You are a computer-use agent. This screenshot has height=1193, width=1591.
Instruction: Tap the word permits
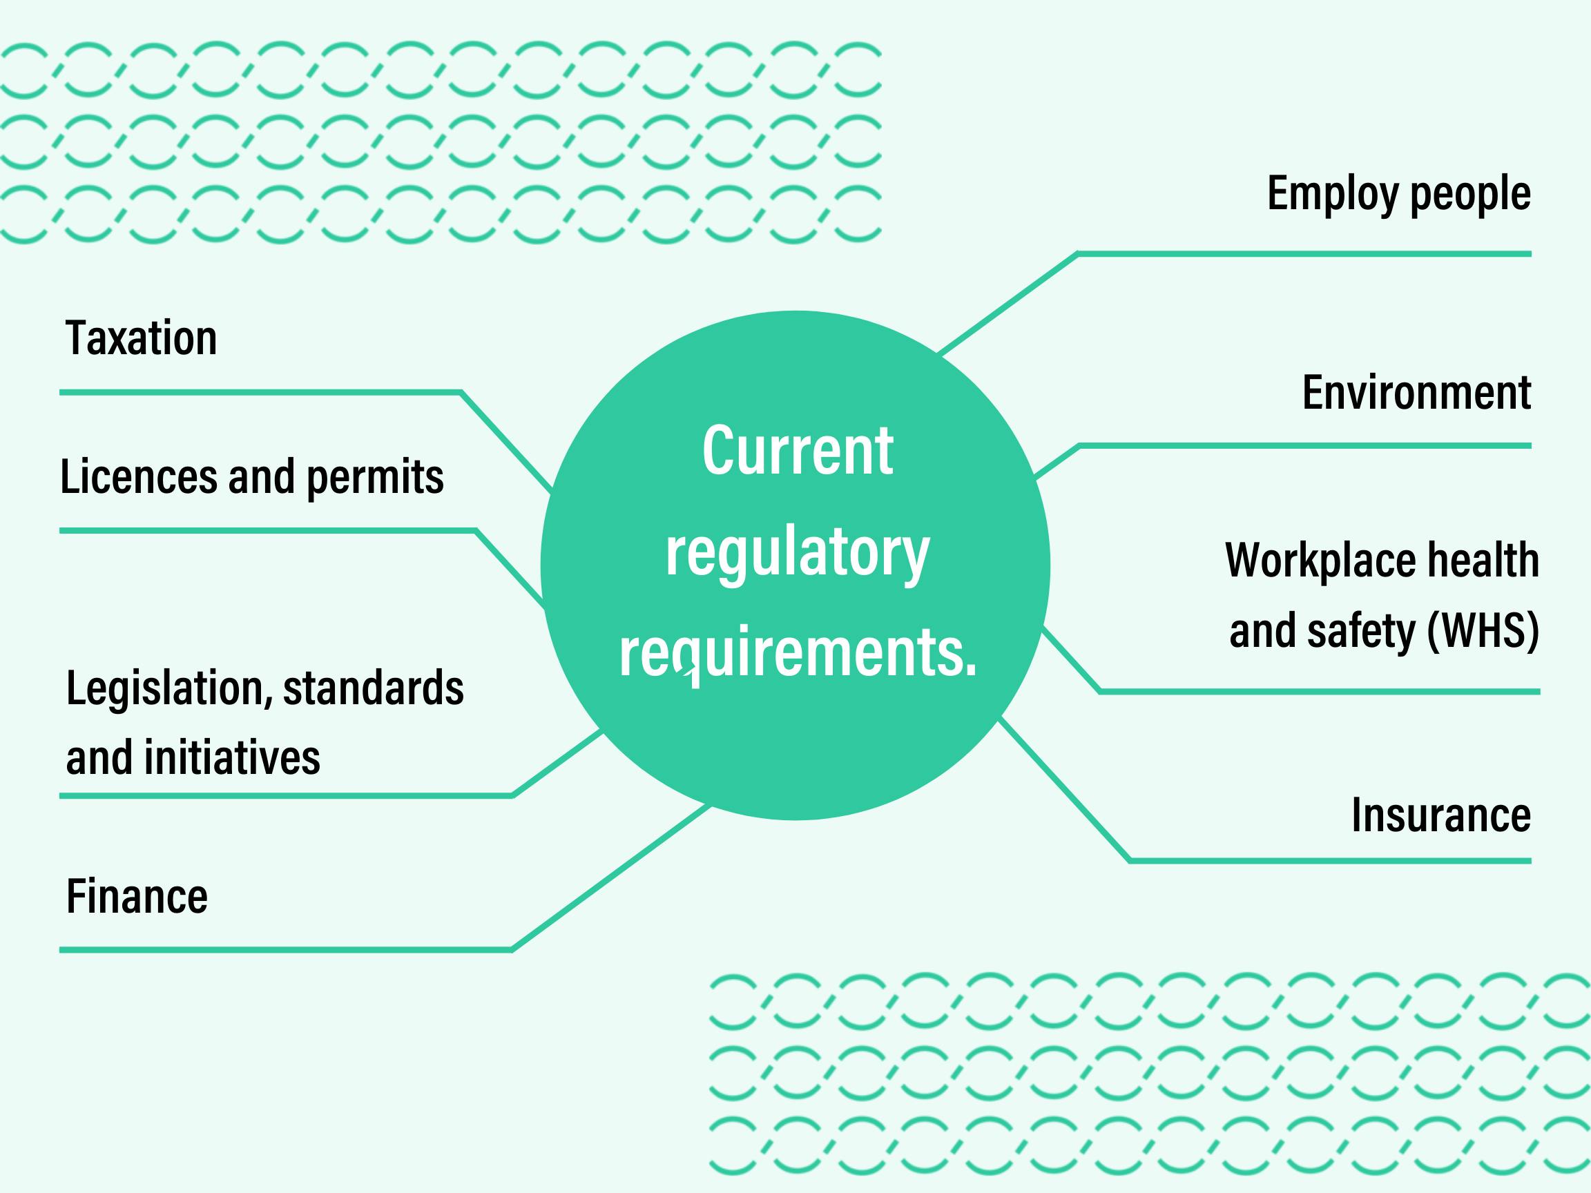click(375, 478)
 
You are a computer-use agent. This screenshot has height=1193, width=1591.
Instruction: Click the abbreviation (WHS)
click(1483, 630)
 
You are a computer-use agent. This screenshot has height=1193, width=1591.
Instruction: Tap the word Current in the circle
click(797, 451)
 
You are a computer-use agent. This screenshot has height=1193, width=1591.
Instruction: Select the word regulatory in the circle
click(797, 554)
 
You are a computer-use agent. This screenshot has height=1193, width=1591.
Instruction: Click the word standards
click(374, 688)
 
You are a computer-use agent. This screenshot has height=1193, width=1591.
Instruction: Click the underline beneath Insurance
click(1330, 860)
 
